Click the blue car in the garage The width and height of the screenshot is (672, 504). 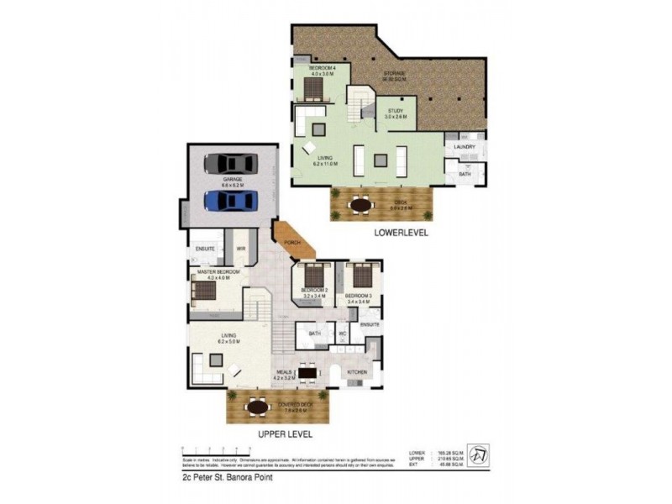pos(231,201)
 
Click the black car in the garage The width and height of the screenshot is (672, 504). pos(231,164)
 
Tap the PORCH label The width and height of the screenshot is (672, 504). pos(292,243)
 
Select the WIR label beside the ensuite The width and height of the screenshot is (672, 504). pos(239,249)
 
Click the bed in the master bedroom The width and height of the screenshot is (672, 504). pos(204,291)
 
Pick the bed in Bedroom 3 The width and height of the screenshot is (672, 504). pos(360,276)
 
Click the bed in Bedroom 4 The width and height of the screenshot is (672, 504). pos(306,84)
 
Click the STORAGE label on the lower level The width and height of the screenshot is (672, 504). pos(396,76)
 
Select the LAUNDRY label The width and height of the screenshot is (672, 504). pos(465,147)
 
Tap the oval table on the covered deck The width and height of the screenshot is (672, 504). pos(255,407)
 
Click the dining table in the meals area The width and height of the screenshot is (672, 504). pos(307,373)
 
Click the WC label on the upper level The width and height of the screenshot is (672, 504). pos(342,333)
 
